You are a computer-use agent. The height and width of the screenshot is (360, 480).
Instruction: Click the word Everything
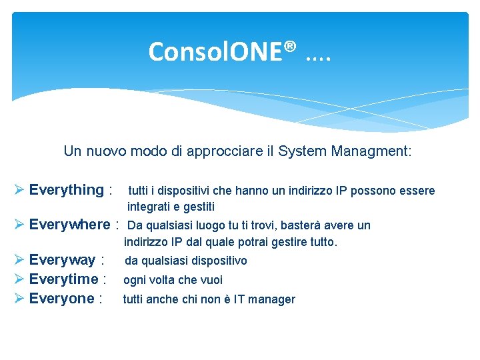click(67, 190)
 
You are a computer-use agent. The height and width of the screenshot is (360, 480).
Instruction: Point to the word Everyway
click(63, 260)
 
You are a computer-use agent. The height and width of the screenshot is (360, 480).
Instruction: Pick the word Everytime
click(64, 279)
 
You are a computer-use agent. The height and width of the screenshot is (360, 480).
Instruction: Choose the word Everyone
click(62, 299)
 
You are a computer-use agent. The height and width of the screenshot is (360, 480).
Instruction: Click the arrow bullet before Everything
click(19, 190)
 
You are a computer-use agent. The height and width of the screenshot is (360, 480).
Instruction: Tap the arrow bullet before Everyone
click(19, 299)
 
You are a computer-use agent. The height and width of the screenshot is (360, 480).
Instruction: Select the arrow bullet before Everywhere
click(19, 224)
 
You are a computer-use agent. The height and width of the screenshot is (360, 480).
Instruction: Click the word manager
click(273, 299)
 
